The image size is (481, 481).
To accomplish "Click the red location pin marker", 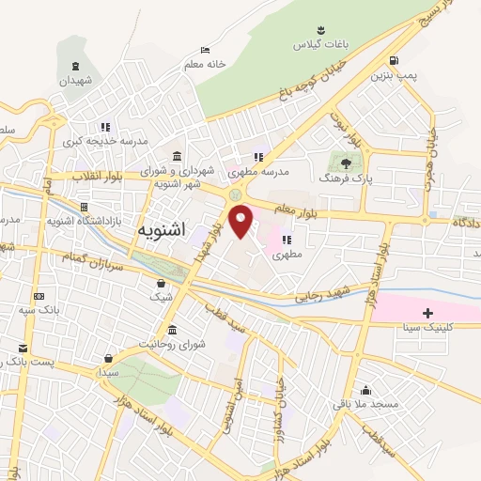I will pyautogui.click(x=241, y=221).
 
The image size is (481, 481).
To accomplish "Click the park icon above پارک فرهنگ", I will pyautogui.click(x=339, y=161).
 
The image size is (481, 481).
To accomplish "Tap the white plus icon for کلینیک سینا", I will pyautogui.click(x=428, y=312).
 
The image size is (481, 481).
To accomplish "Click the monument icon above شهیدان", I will pyautogui.click(x=76, y=66).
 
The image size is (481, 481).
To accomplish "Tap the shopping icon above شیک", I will pyautogui.click(x=162, y=283).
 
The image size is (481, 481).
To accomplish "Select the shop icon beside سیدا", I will pyautogui.click(x=111, y=358).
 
